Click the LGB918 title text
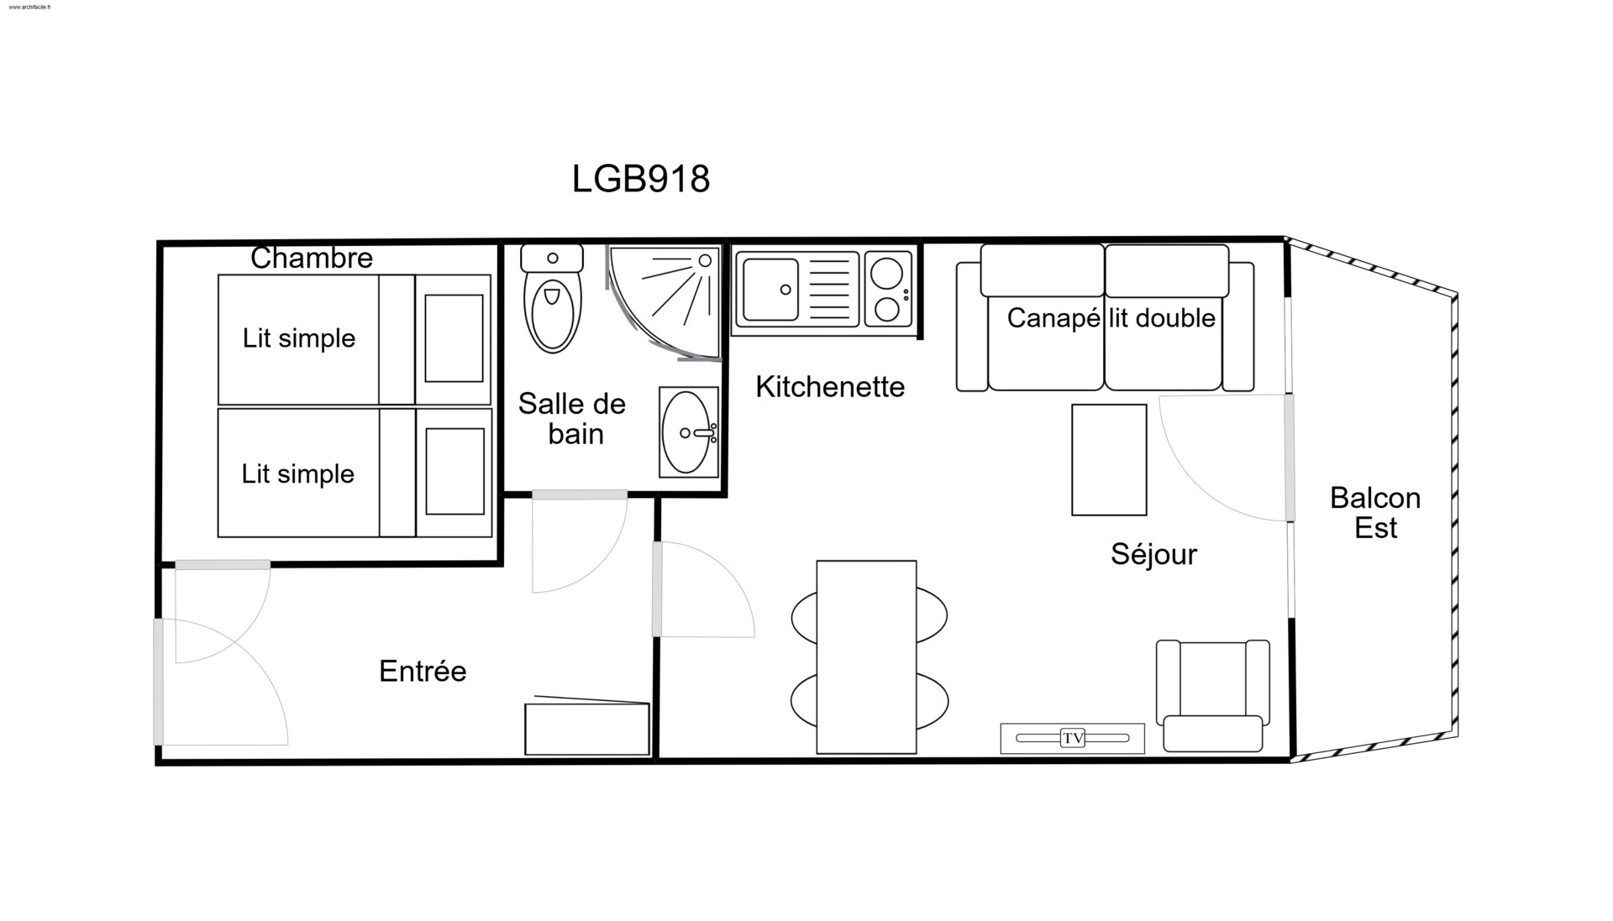[x=641, y=179]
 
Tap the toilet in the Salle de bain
[x=552, y=298]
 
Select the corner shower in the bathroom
[x=664, y=303]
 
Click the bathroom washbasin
[x=689, y=432]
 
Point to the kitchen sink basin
[x=770, y=290]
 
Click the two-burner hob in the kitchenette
[x=888, y=290]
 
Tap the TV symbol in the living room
[x=1072, y=738]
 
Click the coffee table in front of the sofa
[x=1109, y=460]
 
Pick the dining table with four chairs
[x=867, y=657]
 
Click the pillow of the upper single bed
[x=454, y=338]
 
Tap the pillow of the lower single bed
[x=454, y=471]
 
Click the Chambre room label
[x=312, y=258]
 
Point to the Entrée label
[x=423, y=671]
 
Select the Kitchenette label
[x=830, y=387]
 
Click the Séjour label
[x=1153, y=554]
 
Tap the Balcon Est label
[x=1375, y=513]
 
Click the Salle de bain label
[x=572, y=419]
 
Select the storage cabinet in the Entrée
[x=587, y=727]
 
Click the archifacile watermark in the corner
[x=29, y=7]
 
